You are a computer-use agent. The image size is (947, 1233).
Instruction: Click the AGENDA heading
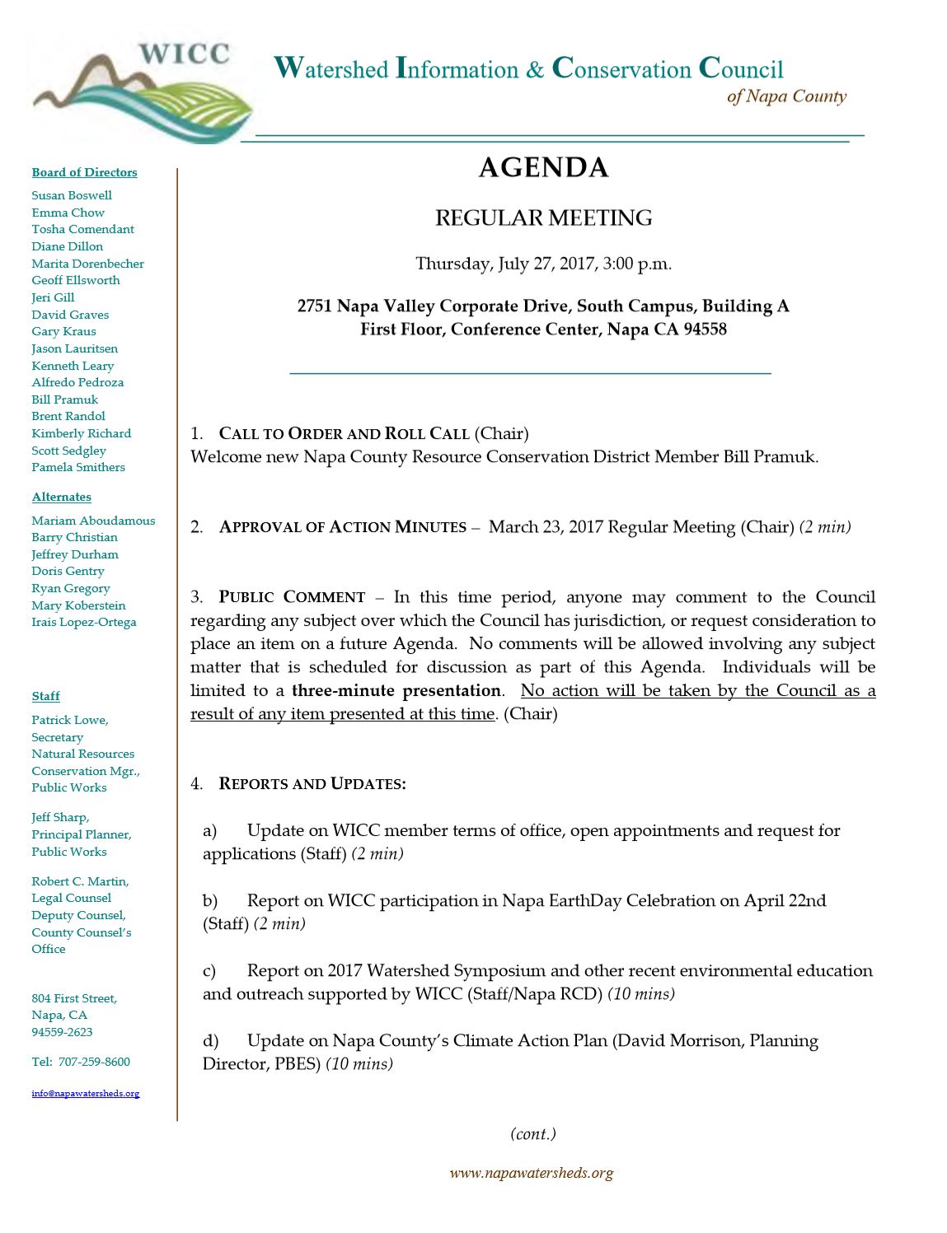point(543,168)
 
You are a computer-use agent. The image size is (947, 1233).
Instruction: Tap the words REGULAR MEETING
point(543,218)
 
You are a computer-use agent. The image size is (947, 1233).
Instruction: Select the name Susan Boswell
point(72,195)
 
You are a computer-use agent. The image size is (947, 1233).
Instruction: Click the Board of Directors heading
point(84,172)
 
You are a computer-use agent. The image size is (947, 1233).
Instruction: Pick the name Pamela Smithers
point(78,467)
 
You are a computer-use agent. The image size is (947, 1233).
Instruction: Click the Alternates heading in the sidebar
point(61,497)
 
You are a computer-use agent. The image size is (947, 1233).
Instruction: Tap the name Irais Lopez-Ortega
point(84,622)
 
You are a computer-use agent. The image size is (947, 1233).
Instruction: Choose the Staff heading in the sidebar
point(45,696)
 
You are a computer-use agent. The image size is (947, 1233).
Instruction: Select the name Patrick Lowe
point(69,720)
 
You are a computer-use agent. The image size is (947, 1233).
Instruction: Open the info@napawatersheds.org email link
point(86,1094)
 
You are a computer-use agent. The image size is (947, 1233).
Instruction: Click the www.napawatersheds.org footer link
point(531,1173)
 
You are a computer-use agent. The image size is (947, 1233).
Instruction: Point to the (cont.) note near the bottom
point(533,1134)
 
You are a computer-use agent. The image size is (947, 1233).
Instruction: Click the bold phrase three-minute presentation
point(396,690)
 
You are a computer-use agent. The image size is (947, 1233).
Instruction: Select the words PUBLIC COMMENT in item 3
point(292,597)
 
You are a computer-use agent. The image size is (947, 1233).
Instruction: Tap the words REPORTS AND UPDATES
point(312,783)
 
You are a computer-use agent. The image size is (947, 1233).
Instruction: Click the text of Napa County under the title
point(786,96)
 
